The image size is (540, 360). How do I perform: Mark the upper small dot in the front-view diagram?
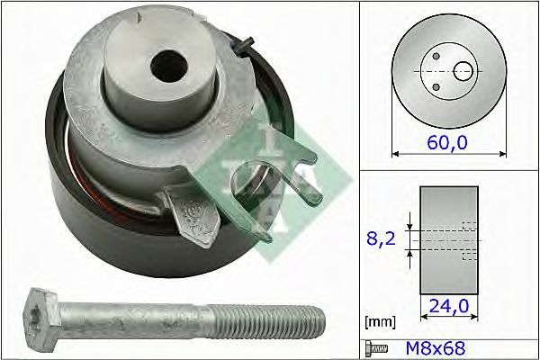[x=436, y=56]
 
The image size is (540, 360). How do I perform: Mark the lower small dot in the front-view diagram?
[x=436, y=87]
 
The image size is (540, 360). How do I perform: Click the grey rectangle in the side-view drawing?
[x=448, y=240]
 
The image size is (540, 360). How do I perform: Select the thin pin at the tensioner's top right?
[x=246, y=42]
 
